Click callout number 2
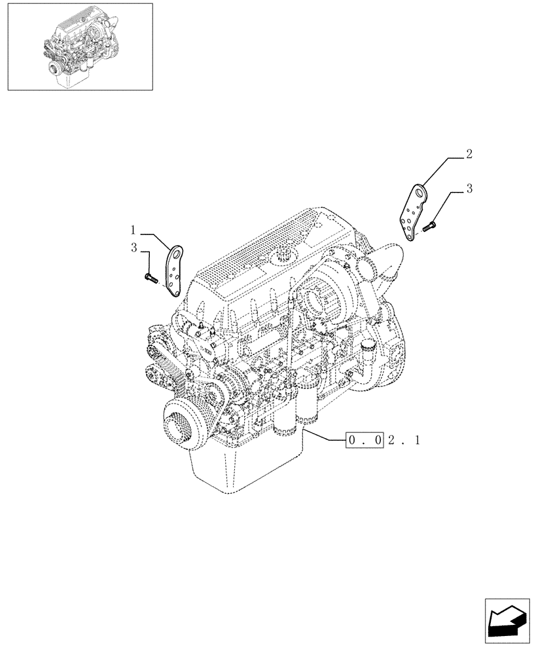pyautogui.click(x=469, y=155)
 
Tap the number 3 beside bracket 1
pyautogui.click(x=133, y=248)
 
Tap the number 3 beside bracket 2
pyautogui.click(x=469, y=189)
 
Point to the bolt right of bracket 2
pyautogui.click(x=429, y=227)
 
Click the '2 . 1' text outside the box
pyautogui.click(x=403, y=440)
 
